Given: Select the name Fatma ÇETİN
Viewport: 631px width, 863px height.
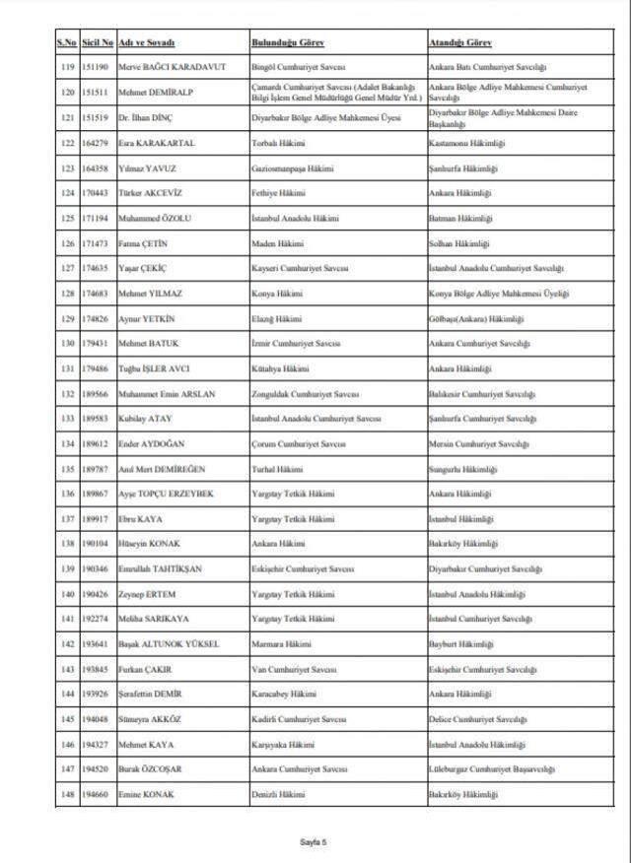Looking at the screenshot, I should [143, 242].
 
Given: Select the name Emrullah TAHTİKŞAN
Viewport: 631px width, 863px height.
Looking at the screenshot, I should [162, 568].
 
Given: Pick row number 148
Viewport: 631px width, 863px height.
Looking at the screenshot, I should [67, 794].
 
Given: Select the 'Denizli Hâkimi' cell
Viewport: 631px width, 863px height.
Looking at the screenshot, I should [275, 794].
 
